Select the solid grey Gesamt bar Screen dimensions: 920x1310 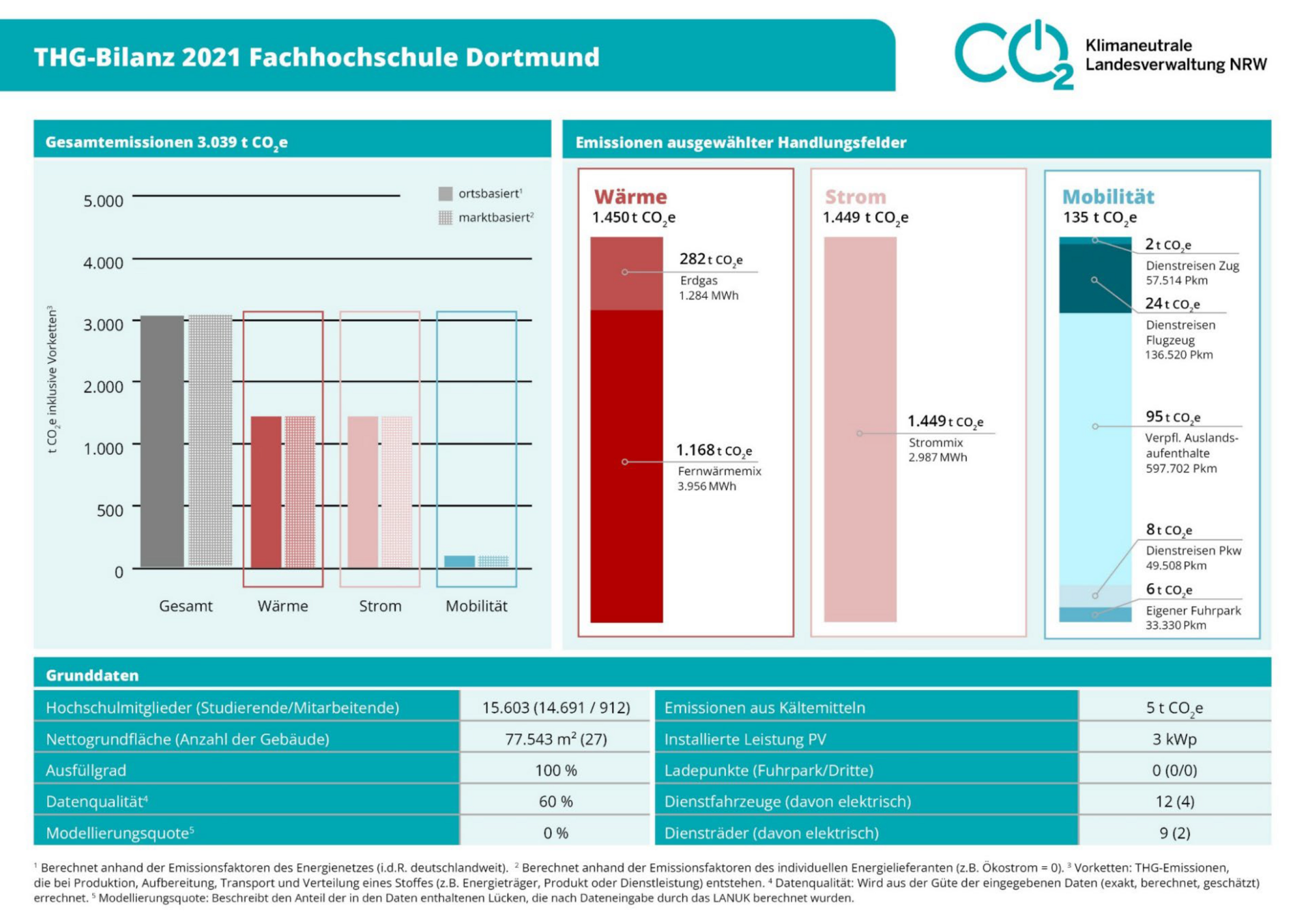tap(162, 441)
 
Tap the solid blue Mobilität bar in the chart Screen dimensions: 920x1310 tap(459, 561)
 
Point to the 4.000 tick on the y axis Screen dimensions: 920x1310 tap(103, 263)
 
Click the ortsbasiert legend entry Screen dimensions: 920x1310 tap(482, 194)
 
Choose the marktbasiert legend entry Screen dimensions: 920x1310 tap(486, 218)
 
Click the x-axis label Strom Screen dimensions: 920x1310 tap(380, 606)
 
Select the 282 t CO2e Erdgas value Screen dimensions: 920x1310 tap(710, 259)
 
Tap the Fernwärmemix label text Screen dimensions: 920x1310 tap(719, 471)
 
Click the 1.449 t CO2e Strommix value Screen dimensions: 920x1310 tap(945, 421)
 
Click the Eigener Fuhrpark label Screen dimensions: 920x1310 tap(1193, 610)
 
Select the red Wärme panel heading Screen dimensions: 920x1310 tap(630, 197)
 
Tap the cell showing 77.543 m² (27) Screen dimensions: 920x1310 tap(555, 739)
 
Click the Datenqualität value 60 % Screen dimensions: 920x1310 tap(555, 801)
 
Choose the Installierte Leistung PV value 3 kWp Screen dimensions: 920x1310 tap(1174, 739)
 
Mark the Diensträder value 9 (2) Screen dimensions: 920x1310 tap(1174, 833)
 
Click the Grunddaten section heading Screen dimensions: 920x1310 tap(92, 675)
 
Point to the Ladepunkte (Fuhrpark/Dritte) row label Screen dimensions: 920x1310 tap(768, 771)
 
